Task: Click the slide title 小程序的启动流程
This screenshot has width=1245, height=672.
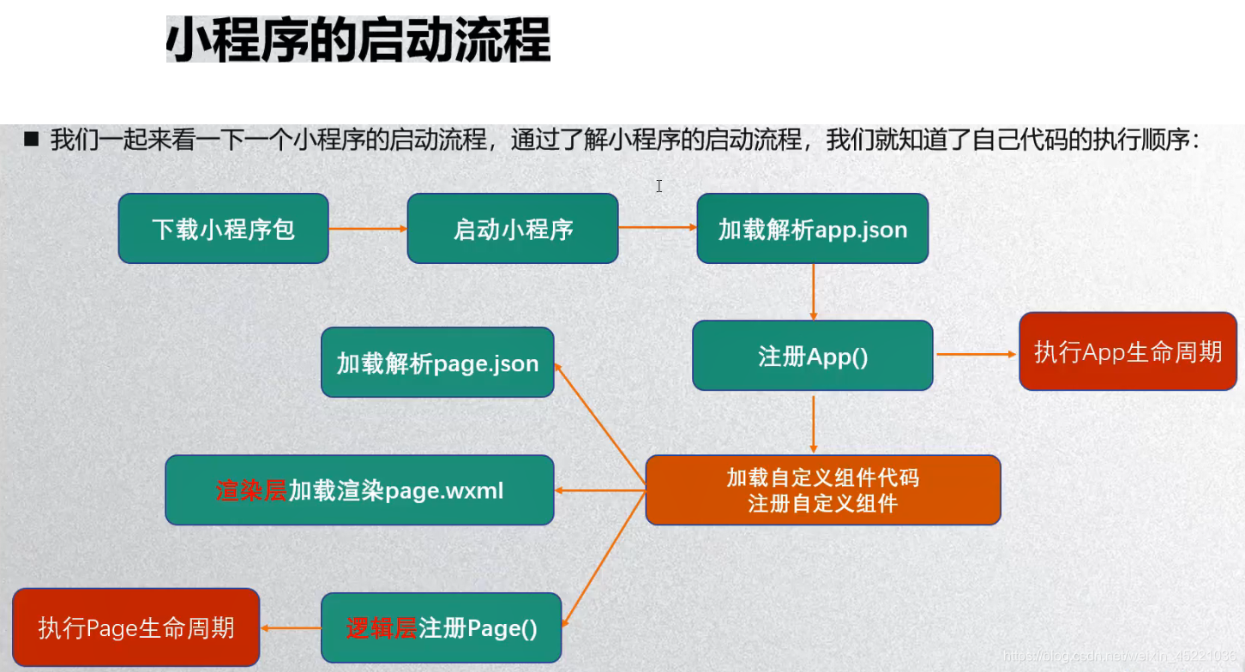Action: coord(358,40)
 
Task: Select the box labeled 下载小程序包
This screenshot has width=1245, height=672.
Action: coord(223,228)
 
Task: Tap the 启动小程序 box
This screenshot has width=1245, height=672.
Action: coord(512,228)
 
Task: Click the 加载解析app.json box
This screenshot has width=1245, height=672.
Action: coord(812,228)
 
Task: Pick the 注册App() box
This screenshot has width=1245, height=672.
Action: coord(812,356)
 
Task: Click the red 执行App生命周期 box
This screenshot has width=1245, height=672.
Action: coord(1128,351)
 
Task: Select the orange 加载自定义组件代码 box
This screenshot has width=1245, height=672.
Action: coord(822,489)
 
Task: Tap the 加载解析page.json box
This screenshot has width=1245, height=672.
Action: coord(437,363)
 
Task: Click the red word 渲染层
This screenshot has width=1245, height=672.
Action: coord(251,490)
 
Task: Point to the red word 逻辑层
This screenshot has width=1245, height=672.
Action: coord(382,628)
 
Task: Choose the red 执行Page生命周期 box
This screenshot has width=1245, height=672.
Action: coord(135,627)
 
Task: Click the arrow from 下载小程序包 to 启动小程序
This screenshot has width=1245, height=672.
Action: coord(367,228)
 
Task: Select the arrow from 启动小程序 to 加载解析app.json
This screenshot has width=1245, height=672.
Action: coord(657,228)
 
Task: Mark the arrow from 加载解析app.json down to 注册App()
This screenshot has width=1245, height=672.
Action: coord(812,291)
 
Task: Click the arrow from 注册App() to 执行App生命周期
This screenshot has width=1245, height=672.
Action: coord(975,353)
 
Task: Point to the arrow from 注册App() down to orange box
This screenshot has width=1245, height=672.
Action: coord(813,422)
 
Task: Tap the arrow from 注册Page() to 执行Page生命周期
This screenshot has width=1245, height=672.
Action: coord(290,628)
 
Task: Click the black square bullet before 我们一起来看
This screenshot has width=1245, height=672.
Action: coord(33,139)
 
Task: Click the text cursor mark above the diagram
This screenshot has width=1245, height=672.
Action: coord(659,186)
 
